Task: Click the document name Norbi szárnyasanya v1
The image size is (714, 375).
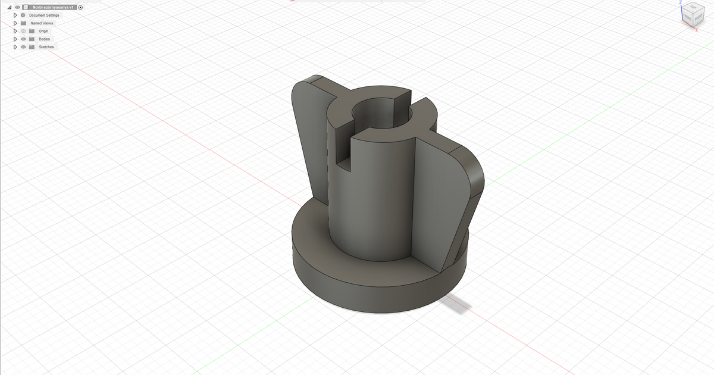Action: click(52, 7)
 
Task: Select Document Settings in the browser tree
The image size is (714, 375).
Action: click(44, 15)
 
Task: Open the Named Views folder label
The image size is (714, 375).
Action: click(42, 23)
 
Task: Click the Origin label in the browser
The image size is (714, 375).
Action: click(43, 31)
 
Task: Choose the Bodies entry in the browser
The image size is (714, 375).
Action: click(44, 39)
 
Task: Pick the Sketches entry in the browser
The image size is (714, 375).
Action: click(46, 47)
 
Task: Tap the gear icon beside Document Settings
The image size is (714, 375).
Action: click(23, 15)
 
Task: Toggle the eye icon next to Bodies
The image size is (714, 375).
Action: click(23, 39)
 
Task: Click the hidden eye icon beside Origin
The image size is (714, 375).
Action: click(23, 31)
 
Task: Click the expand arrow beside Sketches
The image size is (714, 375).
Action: click(15, 47)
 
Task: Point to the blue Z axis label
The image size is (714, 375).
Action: click(680, 2)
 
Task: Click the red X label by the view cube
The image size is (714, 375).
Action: click(696, 30)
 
